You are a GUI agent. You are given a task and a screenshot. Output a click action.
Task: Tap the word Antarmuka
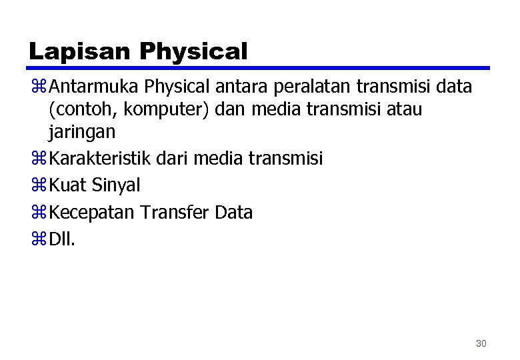[94, 87]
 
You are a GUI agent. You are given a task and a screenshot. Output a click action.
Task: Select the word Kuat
[70, 185]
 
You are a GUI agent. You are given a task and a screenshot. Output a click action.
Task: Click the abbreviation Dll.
[63, 239]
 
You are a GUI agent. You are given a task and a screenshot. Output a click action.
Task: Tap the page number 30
[481, 343]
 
